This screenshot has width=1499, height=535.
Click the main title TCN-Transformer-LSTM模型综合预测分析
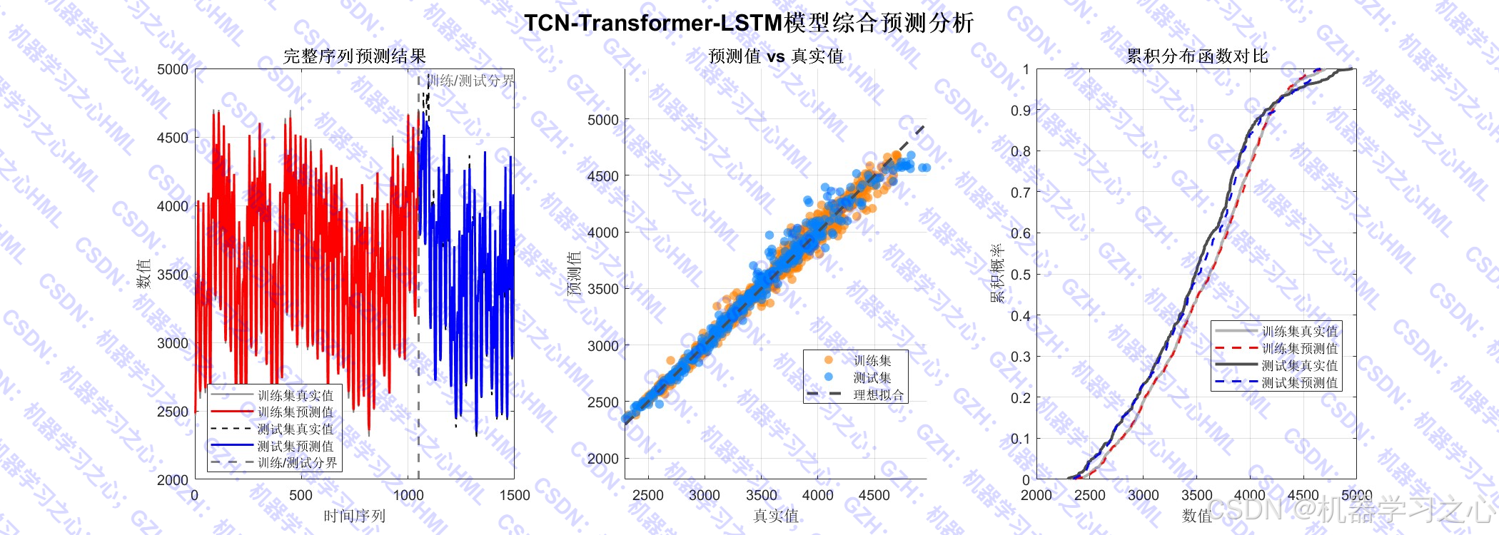(749, 23)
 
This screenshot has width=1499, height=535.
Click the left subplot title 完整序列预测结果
(354, 56)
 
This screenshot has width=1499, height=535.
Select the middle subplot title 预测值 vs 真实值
(775, 56)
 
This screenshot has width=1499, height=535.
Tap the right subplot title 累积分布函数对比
(1196, 56)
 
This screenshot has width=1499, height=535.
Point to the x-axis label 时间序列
(354, 516)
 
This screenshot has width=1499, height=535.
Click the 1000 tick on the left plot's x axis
(408, 495)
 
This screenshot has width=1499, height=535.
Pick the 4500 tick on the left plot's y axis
(173, 138)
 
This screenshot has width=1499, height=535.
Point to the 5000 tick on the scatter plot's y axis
(602, 120)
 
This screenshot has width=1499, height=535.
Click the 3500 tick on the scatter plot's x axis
(761, 495)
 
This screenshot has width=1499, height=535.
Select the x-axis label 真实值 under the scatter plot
(775, 516)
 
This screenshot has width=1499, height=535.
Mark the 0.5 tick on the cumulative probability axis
(1021, 275)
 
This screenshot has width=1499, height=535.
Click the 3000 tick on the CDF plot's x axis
(1143, 495)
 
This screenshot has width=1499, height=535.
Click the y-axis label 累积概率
(997, 274)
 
